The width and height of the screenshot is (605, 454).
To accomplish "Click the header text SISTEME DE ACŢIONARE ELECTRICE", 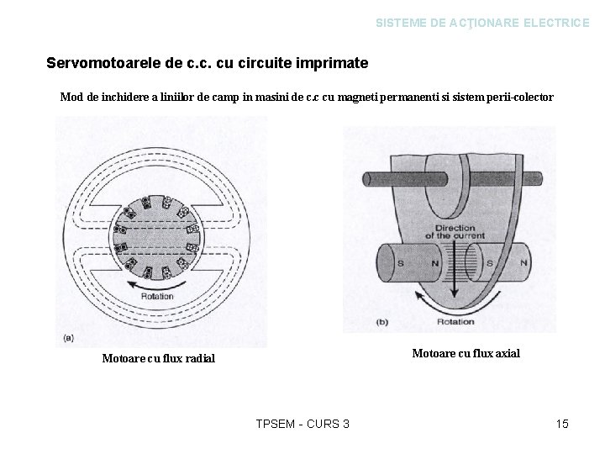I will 482,24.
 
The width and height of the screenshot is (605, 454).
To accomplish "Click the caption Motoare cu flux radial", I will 158,359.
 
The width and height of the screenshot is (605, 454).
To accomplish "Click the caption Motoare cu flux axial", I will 466,353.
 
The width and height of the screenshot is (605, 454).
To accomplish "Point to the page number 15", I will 562,424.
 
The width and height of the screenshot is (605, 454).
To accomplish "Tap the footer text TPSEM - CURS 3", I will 302,424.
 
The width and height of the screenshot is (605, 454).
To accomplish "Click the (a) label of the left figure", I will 68,339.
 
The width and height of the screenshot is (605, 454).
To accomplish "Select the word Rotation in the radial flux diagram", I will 157,297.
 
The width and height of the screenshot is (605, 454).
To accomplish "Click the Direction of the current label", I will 455,232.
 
